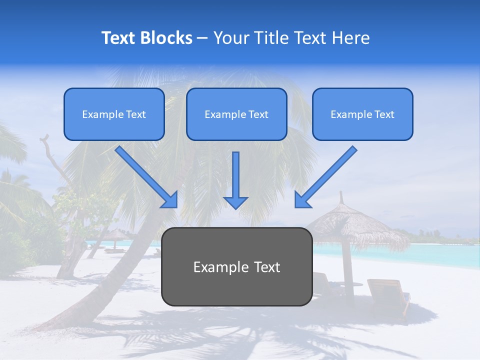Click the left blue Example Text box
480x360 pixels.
[114, 114]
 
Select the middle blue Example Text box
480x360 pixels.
[236, 114]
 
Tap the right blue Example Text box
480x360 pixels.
[362, 114]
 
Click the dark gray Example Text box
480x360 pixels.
[236, 266]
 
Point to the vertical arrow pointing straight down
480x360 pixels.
[235, 177]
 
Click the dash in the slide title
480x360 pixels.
[202, 38]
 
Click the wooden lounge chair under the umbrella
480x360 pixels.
[387, 295]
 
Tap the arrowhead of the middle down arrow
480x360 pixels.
[235, 202]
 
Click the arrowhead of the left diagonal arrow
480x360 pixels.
[170, 199]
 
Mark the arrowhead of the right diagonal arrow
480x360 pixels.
[302, 199]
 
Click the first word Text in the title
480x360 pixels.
[119, 38]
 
